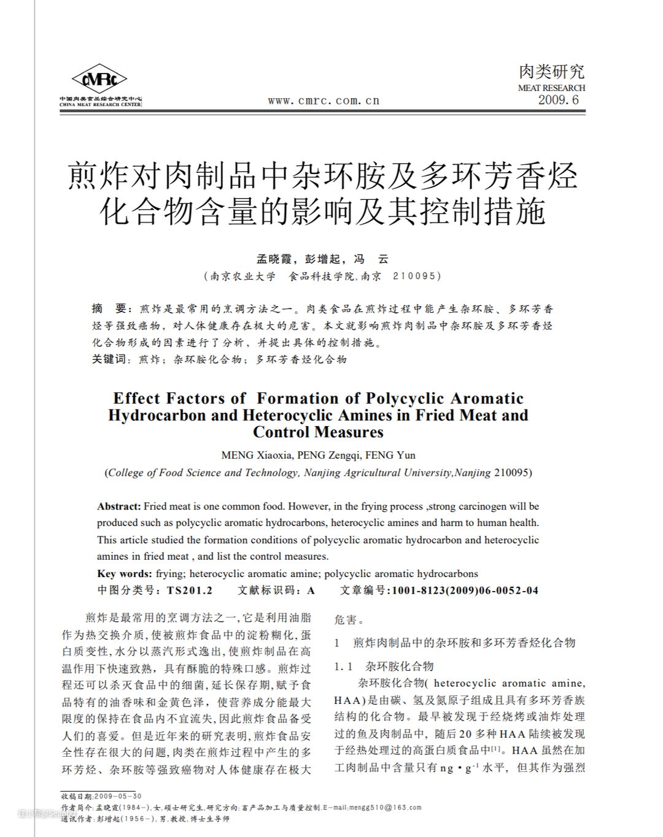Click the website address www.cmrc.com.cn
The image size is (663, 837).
click(x=324, y=101)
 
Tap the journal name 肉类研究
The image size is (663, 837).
click(x=551, y=72)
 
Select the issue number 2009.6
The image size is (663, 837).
click(x=558, y=100)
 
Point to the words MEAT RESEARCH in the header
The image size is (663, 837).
click(x=551, y=88)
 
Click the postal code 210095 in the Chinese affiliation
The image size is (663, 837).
click(x=416, y=276)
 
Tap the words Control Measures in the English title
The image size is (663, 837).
click(x=318, y=432)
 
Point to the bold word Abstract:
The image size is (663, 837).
click(x=119, y=506)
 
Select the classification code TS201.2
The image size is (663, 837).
click(x=189, y=590)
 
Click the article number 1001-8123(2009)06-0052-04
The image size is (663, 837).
click(x=465, y=590)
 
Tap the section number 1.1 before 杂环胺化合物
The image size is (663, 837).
click(x=343, y=667)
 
